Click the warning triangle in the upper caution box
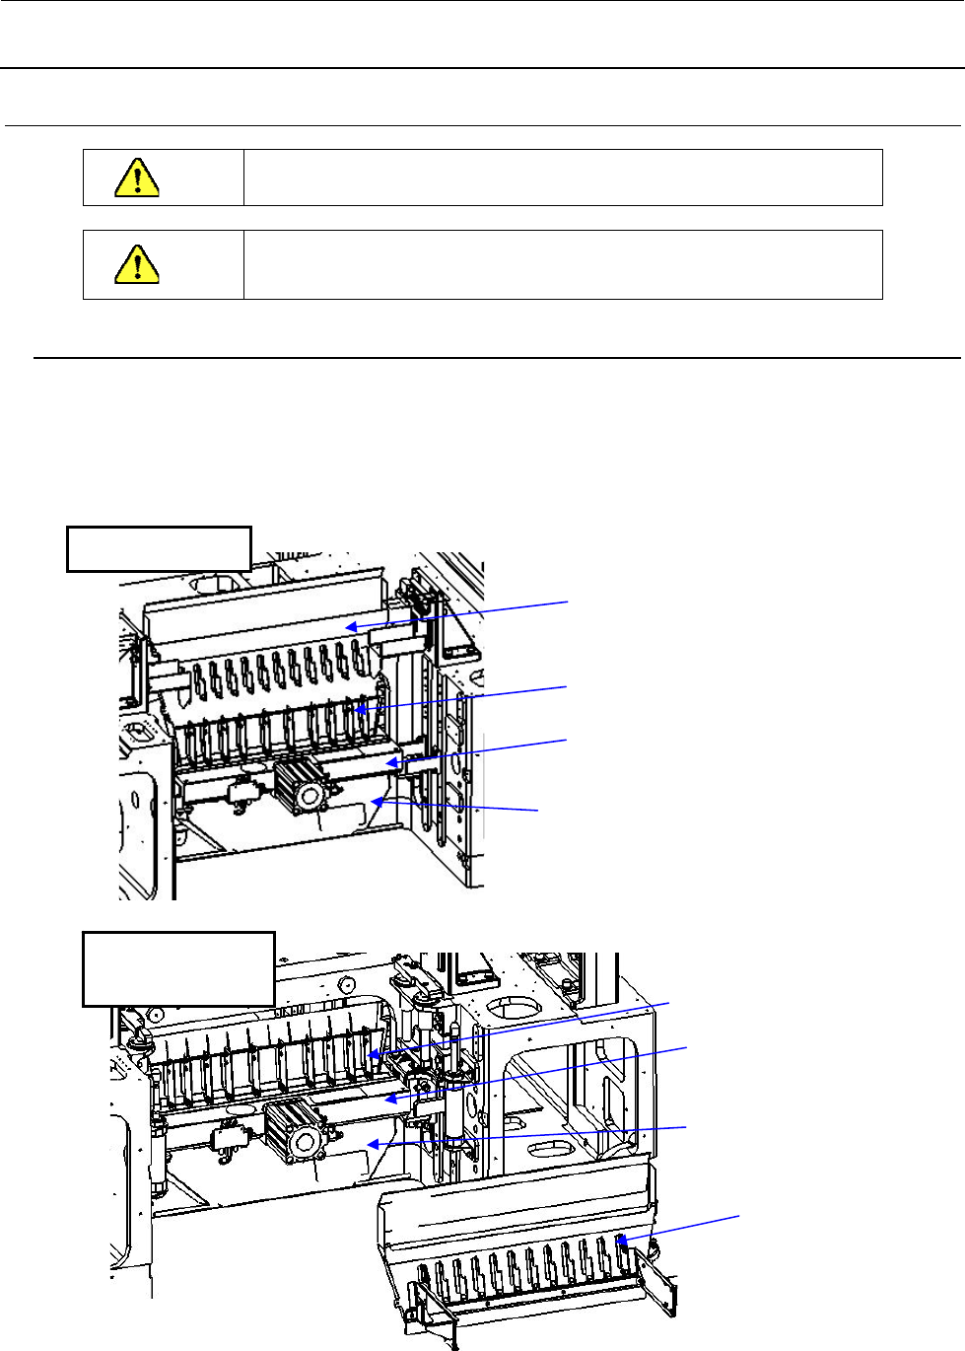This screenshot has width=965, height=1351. (137, 178)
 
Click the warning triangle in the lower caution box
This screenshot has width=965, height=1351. (137, 263)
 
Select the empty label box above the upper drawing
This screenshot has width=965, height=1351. (159, 549)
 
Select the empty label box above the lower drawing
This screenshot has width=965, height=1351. (178, 968)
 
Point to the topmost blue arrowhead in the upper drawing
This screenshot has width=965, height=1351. (350, 626)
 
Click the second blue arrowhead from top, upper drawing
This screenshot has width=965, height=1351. (362, 707)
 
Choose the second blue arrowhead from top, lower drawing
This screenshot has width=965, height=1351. (389, 1097)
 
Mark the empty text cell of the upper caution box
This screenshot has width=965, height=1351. (562, 178)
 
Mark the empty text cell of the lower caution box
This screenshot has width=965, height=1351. (562, 264)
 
